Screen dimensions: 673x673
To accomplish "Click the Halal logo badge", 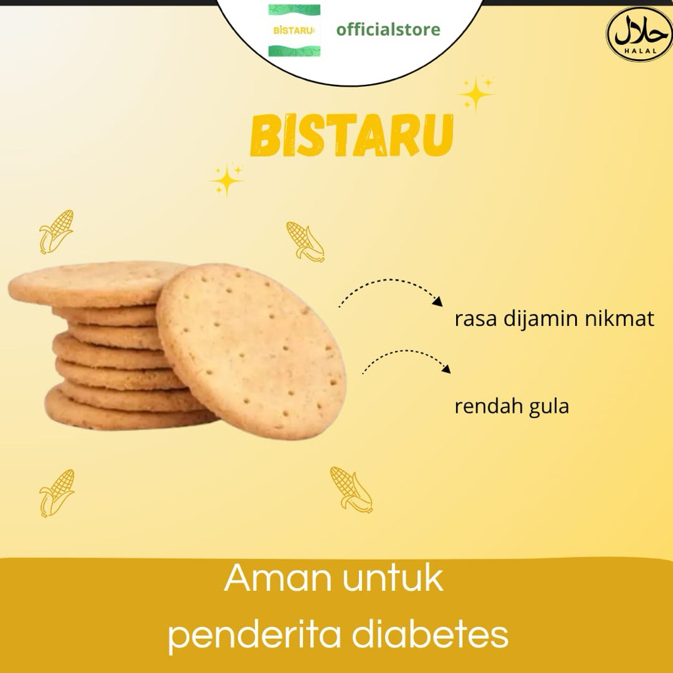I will pos(638,34).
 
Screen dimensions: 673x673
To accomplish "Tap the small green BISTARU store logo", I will pos(294,30).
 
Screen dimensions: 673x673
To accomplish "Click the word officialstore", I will pos(388,30).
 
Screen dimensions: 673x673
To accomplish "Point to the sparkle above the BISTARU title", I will pos(476,93).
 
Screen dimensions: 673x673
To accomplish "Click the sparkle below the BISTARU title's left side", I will pos(227,180).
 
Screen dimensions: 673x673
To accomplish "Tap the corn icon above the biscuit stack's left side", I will pos(56,231).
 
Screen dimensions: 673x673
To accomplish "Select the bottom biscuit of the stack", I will pos(118,413).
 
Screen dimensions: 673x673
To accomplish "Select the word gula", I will pos(548,407).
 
